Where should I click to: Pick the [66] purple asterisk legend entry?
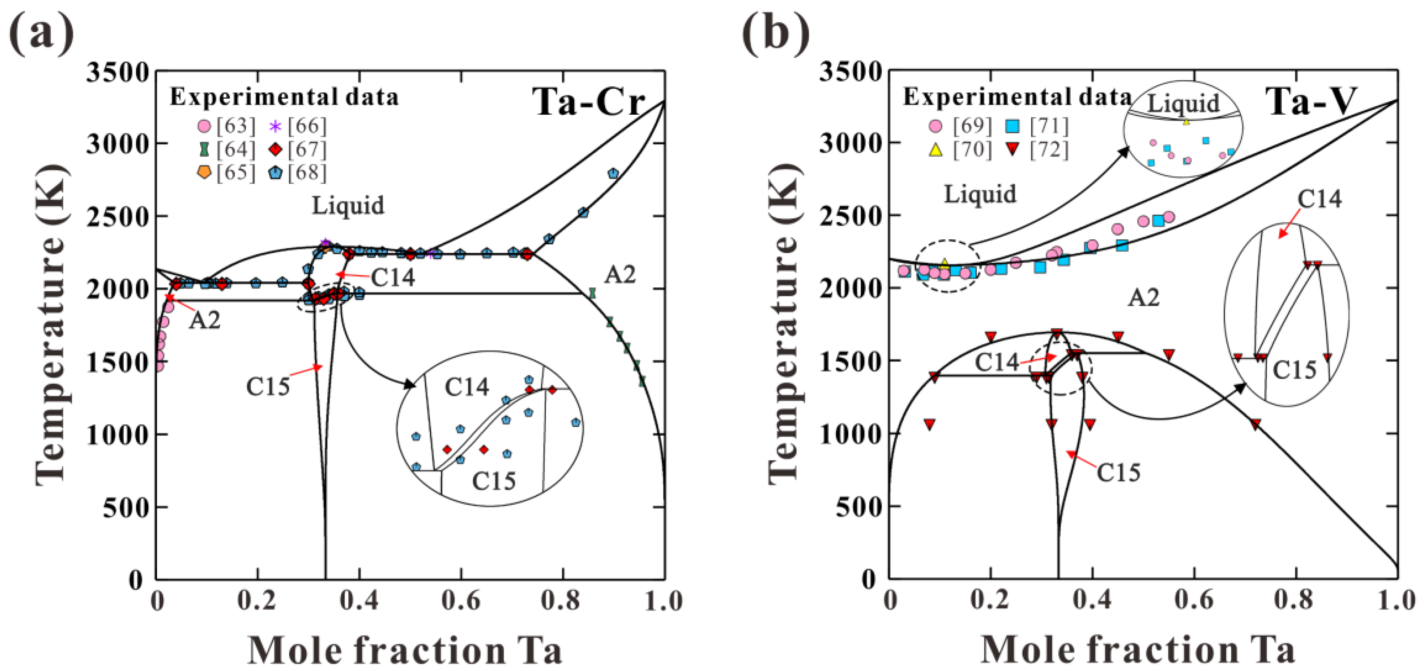click(299, 127)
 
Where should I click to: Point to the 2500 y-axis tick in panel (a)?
click(118, 217)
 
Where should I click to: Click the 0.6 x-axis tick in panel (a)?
click(461, 601)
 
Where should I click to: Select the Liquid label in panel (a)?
click(348, 206)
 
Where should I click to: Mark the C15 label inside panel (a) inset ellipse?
click(493, 481)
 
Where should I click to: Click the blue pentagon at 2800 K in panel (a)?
click(613, 174)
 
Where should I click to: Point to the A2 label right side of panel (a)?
click(620, 275)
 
